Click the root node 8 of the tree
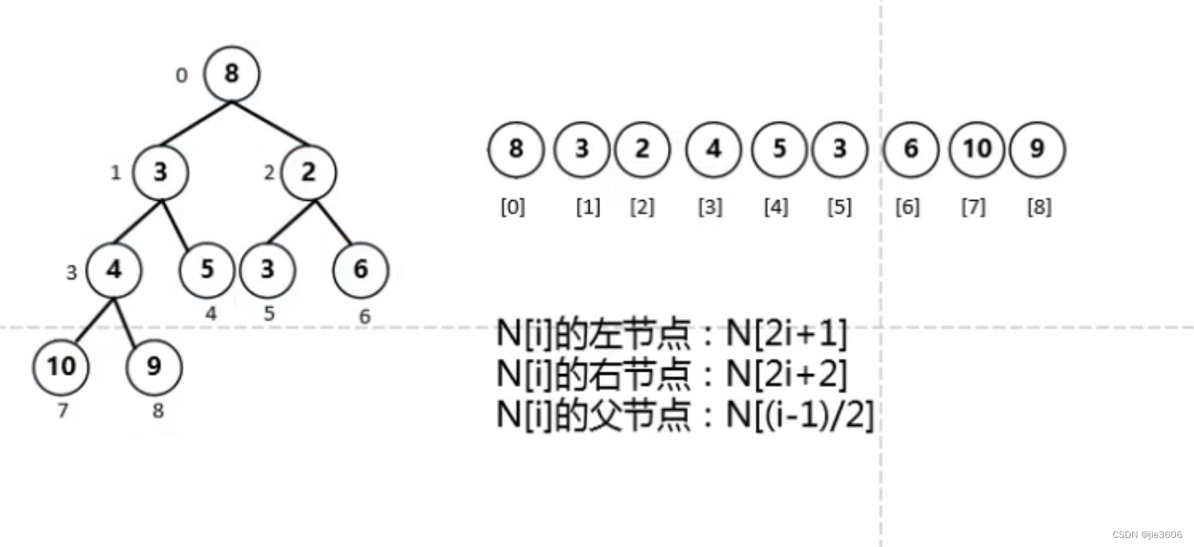coord(231,74)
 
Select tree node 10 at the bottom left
coord(61,366)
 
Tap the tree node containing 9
coord(154,366)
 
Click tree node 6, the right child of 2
coord(361,269)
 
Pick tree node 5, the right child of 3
coord(207,269)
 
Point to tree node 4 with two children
coord(114,269)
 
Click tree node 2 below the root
coord(309,172)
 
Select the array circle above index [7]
coord(976,149)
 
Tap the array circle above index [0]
coord(516,149)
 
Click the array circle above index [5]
coord(839,149)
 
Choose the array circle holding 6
coord(910,149)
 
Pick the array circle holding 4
coord(713,149)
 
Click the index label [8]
coord(1039,207)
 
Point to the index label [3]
coord(710,207)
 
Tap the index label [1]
coord(588,207)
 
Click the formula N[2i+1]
coord(786,333)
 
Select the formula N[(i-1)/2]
coord(800,415)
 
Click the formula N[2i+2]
coord(786,374)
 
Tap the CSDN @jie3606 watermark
coord(1147,535)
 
